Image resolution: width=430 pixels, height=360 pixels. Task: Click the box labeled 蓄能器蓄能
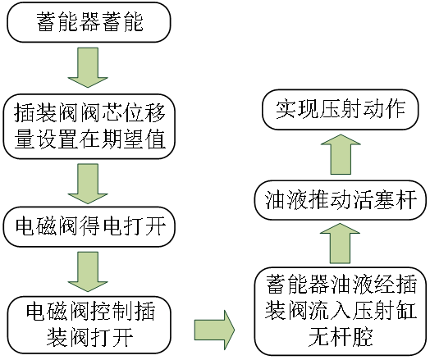click(89, 22)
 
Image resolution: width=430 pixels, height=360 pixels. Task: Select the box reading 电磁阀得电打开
click(89, 226)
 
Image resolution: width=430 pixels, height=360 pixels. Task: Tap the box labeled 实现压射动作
click(341, 110)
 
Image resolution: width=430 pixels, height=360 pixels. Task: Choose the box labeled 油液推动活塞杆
click(341, 200)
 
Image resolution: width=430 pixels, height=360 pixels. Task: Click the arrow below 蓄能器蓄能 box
click(88, 68)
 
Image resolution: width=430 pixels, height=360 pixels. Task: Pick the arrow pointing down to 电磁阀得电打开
click(88, 184)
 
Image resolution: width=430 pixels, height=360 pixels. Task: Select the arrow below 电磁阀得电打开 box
click(88, 271)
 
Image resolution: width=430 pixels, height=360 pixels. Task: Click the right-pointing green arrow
click(214, 330)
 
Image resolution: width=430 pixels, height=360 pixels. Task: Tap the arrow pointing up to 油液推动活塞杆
click(340, 244)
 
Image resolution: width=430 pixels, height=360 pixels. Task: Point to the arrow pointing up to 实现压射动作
click(341, 154)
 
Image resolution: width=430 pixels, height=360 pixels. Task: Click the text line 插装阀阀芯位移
click(89, 112)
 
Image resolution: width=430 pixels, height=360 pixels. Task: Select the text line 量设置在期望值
click(89, 139)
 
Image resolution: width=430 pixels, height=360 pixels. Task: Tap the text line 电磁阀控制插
click(90, 312)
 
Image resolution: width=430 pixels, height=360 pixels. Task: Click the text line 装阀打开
click(90, 338)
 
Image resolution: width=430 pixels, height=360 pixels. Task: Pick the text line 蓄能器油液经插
click(341, 284)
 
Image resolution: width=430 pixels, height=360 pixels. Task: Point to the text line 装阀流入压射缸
click(341, 311)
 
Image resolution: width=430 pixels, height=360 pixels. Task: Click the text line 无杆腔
click(341, 337)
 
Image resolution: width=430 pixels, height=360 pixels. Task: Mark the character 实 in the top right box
click(286, 110)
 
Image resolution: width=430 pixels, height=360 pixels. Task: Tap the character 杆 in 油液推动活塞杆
click(406, 200)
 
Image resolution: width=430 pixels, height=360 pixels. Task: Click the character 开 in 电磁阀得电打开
click(155, 226)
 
